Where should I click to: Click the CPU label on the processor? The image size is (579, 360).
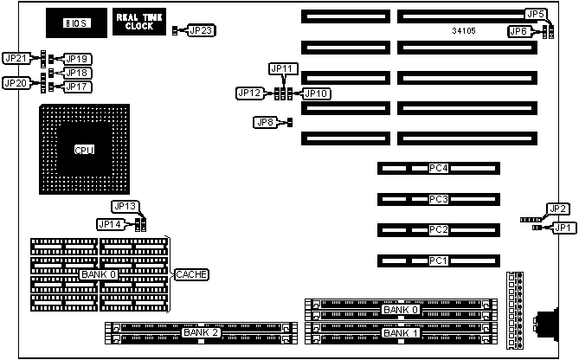(x=84, y=150)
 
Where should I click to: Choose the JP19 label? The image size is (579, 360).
(x=78, y=59)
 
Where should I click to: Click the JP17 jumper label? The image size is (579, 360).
(x=78, y=87)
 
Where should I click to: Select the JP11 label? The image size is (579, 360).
(x=284, y=68)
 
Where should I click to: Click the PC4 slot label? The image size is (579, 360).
(x=439, y=168)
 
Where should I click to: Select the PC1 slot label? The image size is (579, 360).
(x=439, y=260)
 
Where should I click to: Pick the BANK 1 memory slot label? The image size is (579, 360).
(x=401, y=332)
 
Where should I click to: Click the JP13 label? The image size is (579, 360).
(x=125, y=206)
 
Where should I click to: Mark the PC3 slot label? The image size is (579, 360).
(x=439, y=199)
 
